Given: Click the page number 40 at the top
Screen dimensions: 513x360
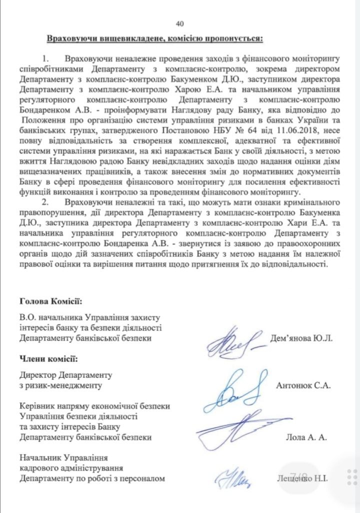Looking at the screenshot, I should [180, 23].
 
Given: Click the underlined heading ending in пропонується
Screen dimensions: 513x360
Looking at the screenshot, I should [154, 38].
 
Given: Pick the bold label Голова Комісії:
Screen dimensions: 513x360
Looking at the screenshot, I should [51, 301].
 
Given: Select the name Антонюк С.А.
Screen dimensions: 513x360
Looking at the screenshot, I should [303, 385].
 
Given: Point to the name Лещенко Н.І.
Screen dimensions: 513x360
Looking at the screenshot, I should [302, 478].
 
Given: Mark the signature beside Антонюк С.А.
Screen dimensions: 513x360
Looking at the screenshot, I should [234, 390].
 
